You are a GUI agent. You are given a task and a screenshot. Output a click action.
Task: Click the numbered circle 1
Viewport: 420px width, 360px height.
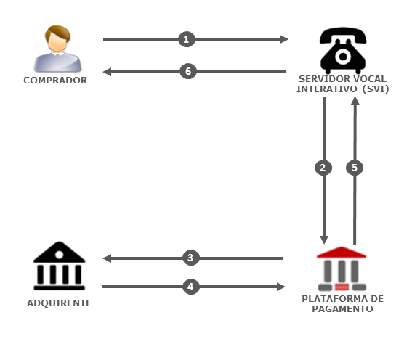187,39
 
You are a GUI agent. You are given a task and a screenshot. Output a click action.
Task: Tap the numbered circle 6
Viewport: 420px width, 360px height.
188,71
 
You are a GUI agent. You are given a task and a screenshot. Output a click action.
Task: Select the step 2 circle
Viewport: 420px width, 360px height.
323,168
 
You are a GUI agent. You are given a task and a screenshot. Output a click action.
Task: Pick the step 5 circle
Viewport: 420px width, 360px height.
355,168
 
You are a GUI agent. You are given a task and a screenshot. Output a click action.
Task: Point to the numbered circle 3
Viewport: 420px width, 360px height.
190,258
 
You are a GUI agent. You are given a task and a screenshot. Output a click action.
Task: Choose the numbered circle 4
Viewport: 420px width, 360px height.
190,287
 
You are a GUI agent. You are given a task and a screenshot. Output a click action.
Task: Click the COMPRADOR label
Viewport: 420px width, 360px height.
55,81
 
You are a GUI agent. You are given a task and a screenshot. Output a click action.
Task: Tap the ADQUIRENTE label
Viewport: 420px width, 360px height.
59,303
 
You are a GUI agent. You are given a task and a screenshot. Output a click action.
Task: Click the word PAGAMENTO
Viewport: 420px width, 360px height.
342,309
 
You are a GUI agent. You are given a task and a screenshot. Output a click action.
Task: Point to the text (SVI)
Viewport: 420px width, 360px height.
376,89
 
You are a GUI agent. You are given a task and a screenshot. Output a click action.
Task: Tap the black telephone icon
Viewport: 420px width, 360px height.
343,50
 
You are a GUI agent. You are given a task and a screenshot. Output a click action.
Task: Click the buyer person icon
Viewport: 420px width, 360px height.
57,49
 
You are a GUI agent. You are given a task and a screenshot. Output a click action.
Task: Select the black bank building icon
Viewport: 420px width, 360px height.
59,266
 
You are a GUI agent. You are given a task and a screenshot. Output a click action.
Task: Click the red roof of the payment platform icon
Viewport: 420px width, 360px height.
342,253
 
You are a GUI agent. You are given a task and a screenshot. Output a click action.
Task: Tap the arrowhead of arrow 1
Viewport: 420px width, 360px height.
284,39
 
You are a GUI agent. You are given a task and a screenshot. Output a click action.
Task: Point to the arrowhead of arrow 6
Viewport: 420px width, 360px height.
107,72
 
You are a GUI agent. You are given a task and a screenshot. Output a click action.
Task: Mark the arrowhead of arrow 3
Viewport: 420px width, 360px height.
107,258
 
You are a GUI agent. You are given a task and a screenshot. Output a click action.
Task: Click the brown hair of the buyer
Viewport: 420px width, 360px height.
57,33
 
